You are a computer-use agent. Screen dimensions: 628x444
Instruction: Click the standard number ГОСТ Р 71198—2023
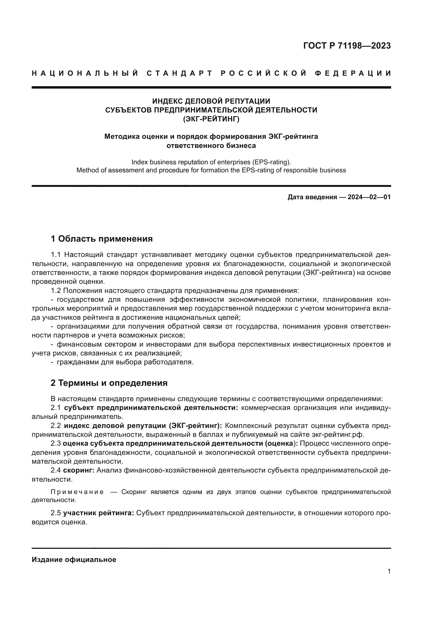[347, 46]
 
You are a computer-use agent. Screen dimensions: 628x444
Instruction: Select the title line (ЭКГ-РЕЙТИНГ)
[211, 119]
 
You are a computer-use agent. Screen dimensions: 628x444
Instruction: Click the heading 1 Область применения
[101, 239]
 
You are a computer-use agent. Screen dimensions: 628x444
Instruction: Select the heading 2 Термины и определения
[109, 383]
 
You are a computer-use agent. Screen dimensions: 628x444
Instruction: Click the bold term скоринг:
[79, 470]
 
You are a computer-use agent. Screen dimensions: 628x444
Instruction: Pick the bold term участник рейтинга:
[99, 513]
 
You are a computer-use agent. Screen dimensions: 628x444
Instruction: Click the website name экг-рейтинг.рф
[338, 435]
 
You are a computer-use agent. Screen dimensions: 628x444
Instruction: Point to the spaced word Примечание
[77, 492]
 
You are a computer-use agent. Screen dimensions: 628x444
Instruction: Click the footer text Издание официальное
[74, 560]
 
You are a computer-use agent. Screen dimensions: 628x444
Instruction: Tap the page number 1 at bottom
[389, 571]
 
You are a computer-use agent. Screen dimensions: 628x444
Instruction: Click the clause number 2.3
[56, 443]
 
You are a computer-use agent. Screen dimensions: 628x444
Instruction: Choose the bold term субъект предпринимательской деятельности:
[151, 408]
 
